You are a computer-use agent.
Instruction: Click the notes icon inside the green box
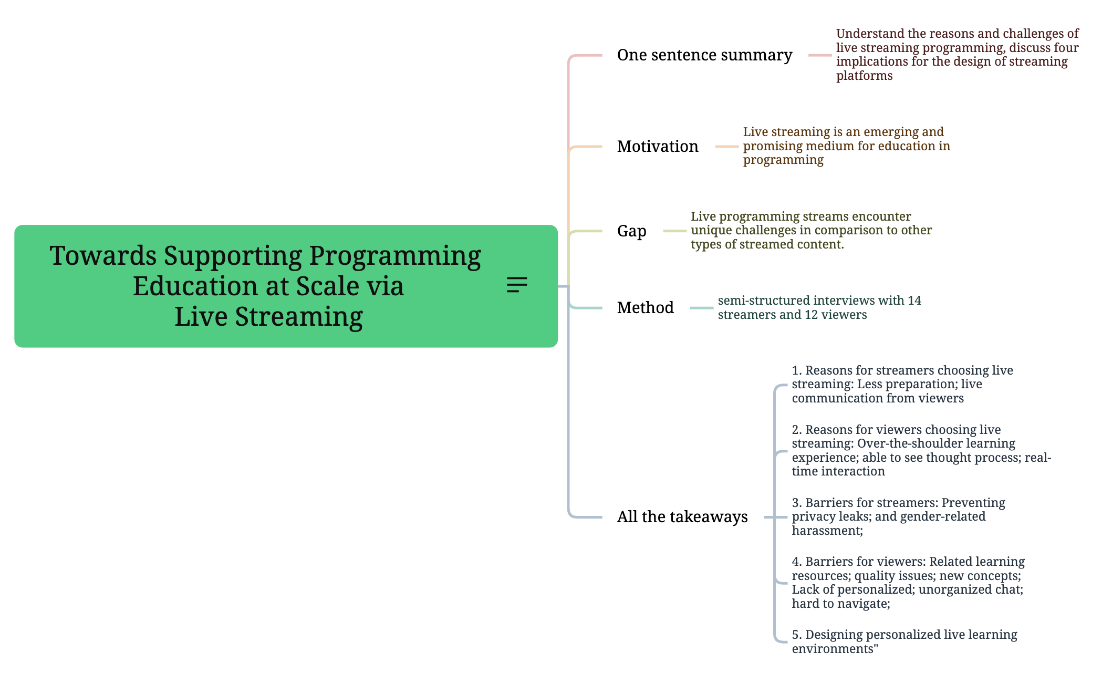coord(517,285)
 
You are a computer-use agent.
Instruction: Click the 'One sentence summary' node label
coord(704,55)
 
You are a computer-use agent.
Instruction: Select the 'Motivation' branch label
coord(658,147)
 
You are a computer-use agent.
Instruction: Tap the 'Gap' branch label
coord(631,231)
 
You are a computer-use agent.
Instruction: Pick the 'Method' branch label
coord(645,308)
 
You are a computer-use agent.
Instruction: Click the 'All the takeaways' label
coord(682,517)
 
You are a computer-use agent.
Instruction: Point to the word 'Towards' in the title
coord(103,256)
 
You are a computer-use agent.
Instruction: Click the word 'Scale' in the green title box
coord(326,286)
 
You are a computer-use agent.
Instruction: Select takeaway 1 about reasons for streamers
coord(902,384)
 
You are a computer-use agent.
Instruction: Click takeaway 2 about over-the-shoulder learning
coord(921,450)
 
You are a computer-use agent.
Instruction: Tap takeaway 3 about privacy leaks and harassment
coord(898,516)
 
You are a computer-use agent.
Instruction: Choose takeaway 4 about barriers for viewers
coord(908,583)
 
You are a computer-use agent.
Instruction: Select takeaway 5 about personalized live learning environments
coord(904,641)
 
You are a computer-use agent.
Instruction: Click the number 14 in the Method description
coord(914,301)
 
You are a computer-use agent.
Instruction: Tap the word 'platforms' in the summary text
coord(864,76)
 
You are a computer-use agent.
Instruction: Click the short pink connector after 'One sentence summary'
coord(819,55)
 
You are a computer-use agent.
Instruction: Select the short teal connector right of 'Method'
coord(701,308)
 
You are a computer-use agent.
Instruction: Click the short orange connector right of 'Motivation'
coord(726,147)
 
